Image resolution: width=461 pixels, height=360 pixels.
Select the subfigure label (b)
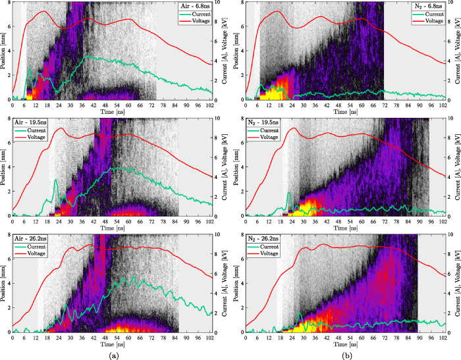(x=346, y=353)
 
